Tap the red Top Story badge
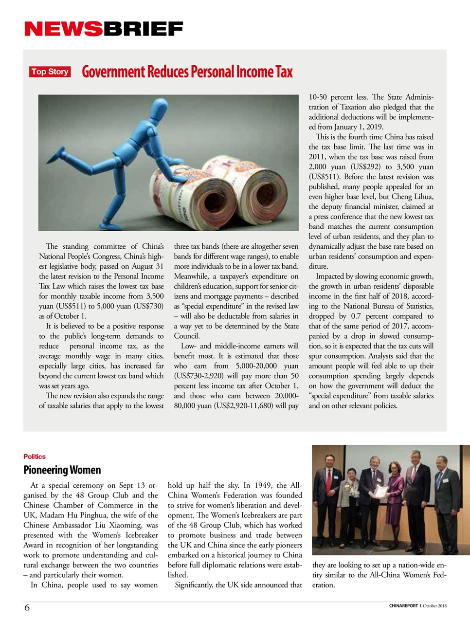(x=50, y=72)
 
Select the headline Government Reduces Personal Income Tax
(x=187, y=72)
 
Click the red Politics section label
(x=34, y=457)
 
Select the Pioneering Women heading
(x=62, y=470)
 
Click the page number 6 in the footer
(x=27, y=607)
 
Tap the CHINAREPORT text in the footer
(x=403, y=606)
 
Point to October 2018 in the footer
(x=434, y=606)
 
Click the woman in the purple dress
(x=395, y=496)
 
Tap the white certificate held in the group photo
(x=382, y=491)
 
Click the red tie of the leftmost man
(x=329, y=479)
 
